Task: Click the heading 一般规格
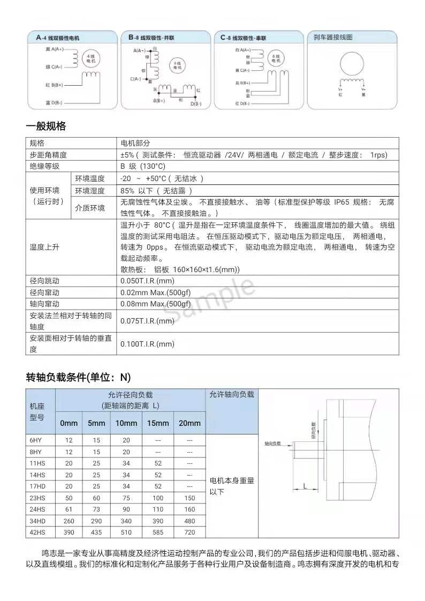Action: (x=46, y=126)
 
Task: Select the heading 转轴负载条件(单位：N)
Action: (x=78, y=377)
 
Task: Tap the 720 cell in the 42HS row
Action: (x=189, y=532)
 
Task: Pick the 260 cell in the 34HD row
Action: (x=69, y=520)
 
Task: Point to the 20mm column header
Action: (x=189, y=423)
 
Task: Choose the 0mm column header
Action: (x=69, y=423)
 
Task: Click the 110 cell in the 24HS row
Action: (x=158, y=509)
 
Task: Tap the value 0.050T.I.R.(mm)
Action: (x=147, y=281)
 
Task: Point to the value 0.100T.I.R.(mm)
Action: (x=147, y=344)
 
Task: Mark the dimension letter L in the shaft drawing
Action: (x=305, y=486)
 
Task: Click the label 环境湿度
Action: (x=90, y=191)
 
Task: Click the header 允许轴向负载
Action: (x=231, y=395)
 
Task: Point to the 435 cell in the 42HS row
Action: (x=96, y=532)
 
